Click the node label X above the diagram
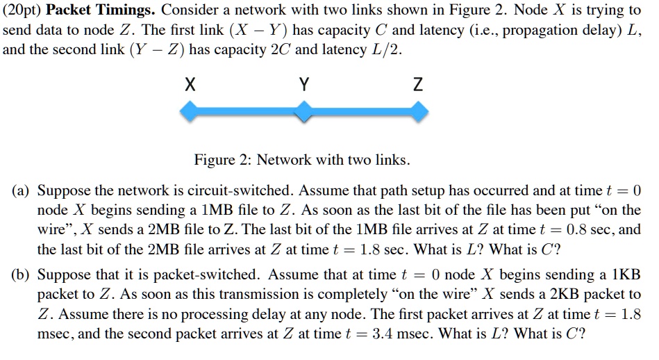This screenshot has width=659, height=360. point(190,85)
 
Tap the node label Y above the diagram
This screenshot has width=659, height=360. point(304,85)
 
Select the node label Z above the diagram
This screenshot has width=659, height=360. point(418,85)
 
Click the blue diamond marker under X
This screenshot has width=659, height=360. point(190,112)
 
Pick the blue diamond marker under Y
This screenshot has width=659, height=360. point(304,112)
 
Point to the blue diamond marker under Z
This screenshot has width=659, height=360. point(418,112)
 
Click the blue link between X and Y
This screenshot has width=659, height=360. point(247,112)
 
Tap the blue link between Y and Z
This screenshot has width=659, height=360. point(360,112)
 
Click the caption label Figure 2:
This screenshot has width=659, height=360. point(223,161)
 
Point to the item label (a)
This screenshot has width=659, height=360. point(21,191)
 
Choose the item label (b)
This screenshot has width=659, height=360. point(21,275)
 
